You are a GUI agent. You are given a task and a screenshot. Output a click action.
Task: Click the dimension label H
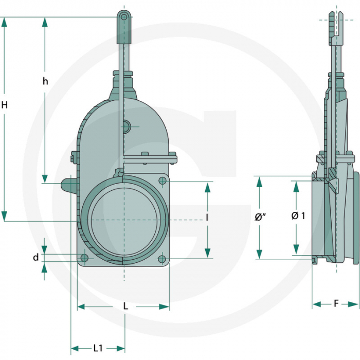[x=5, y=105]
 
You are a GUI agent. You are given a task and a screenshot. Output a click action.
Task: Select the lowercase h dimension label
[x=45, y=81]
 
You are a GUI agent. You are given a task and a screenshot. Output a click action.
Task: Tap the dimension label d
[x=36, y=257]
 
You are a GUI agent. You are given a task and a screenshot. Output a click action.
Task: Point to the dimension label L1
[x=98, y=348]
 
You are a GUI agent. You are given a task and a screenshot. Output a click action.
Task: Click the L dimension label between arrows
[x=125, y=306]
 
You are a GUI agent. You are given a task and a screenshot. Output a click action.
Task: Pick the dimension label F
[x=336, y=304]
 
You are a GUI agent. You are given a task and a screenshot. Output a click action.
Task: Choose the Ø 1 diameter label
[x=298, y=216]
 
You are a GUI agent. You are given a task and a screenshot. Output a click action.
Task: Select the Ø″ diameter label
[x=260, y=218]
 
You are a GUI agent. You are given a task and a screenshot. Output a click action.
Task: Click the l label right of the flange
[x=207, y=218]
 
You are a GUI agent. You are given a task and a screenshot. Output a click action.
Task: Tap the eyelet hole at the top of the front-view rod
[x=123, y=17]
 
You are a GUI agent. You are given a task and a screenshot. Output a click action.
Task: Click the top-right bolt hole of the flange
[x=163, y=181]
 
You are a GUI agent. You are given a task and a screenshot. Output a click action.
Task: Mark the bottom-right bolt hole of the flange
[x=162, y=259]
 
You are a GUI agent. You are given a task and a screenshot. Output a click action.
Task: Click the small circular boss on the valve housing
[x=127, y=125]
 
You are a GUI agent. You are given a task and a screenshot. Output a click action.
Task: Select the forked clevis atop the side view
[x=337, y=23]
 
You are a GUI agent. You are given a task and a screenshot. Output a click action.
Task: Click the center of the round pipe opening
[x=124, y=220]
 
